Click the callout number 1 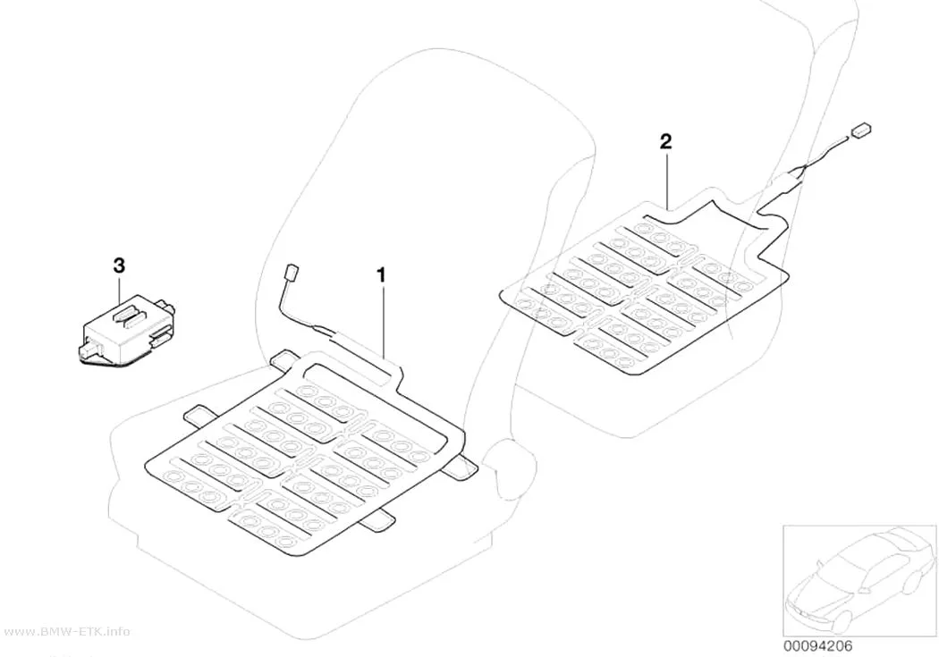click(380, 275)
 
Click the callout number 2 click(665, 142)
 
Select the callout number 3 click(119, 265)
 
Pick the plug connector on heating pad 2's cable click(861, 131)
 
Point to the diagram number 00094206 click(817, 646)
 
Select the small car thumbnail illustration click(859, 579)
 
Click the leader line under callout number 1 click(383, 321)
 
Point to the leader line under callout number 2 click(666, 179)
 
